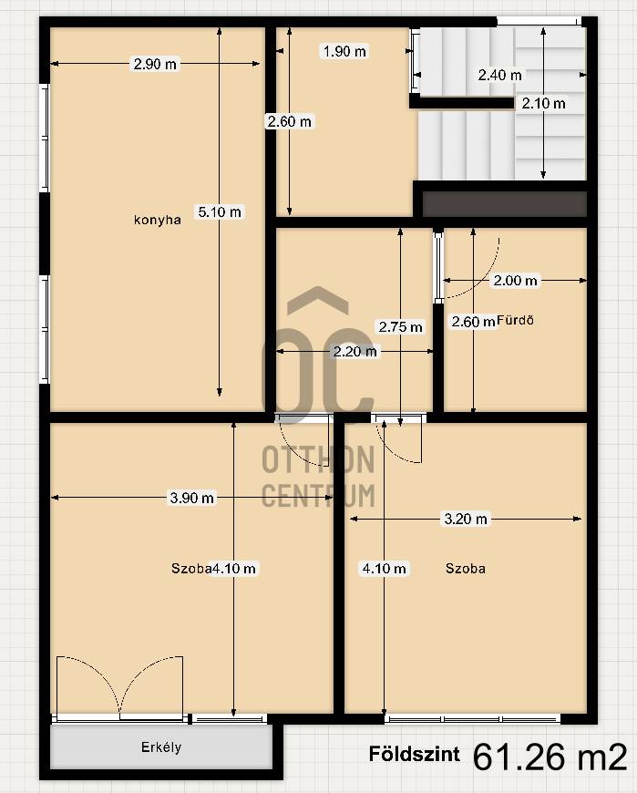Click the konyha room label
(x=158, y=220)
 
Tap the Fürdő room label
(x=515, y=320)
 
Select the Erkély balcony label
(x=161, y=747)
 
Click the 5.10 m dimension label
(x=220, y=211)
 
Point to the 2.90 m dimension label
(x=155, y=64)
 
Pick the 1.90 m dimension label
(x=344, y=51)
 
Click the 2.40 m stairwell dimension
(x=499, y=76)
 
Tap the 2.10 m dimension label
(x=543, y=104)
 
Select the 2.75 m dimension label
(x=400, y=327)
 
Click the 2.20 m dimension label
(x=354, y=352)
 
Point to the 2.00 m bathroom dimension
(x=515, y=281)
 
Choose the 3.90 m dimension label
(x=191, y=499)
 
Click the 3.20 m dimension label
(x=466, y=519)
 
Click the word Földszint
(x=415, y=754)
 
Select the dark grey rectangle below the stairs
(x=504, y=204)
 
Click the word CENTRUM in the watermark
(x=319, y=496)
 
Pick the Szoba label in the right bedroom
(x=466, y=569)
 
